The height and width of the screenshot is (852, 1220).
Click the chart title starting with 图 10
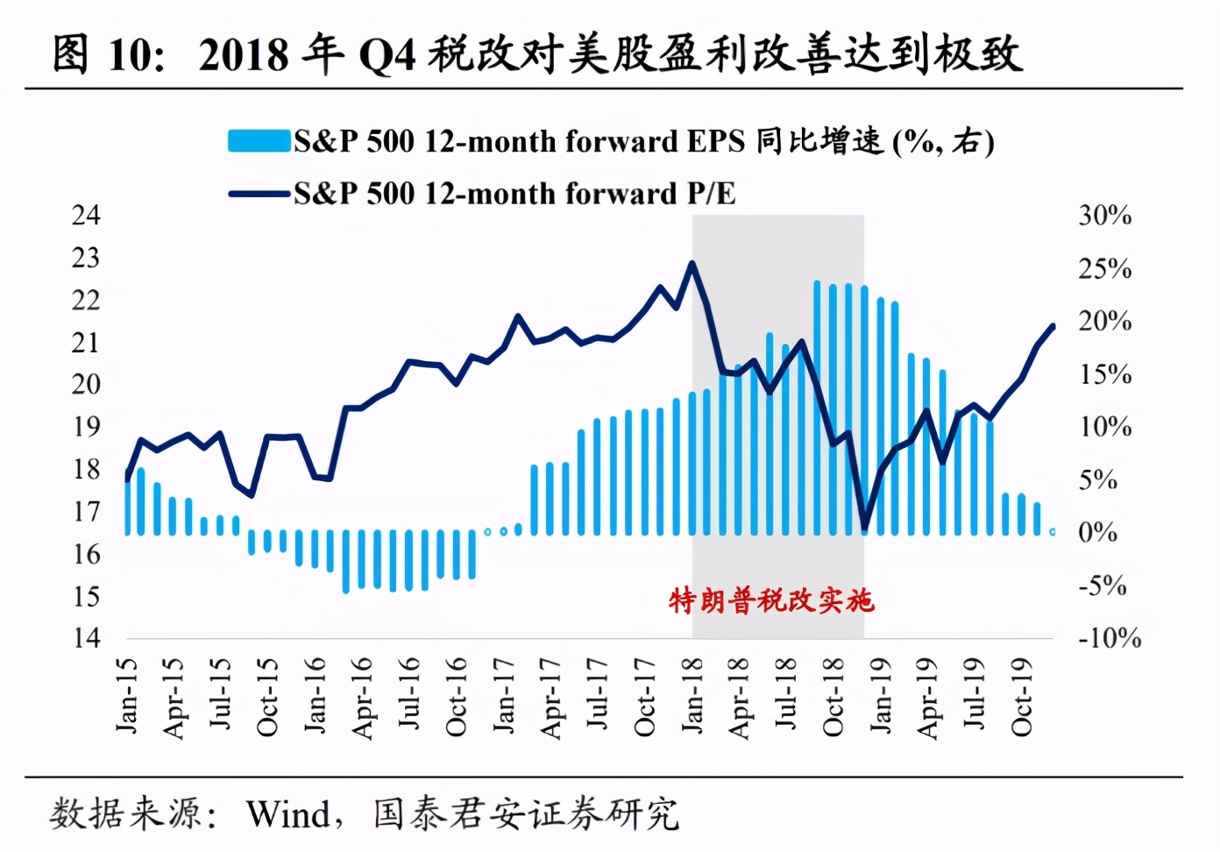pyautogui.click(x=536, y=54)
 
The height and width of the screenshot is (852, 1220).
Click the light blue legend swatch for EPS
pyautogui.click(x=259, y=141)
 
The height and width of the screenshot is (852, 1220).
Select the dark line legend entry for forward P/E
pyautogui.click(x=482, y=194)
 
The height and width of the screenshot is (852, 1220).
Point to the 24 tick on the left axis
pyautogui.click(x=86, y=216)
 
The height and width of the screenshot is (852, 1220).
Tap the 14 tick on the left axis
pyautogui.click(x=86, y=638)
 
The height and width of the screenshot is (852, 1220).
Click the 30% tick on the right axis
pyautogui.click(x=1104, y=216)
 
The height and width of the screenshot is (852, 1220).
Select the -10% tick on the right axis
pyautogui.click(x=1109, y=638)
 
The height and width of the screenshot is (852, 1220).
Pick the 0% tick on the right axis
pyautogui.click(x=1097, y=532)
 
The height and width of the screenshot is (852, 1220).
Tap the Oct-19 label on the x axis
pyautogui.click(x=1022, y=697)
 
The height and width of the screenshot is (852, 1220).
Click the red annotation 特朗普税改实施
pyautogui.click(x=771, y=600)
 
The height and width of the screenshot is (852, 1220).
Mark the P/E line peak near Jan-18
pyautogui.click(x=692, y=263)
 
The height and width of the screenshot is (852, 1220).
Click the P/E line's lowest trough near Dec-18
pyautogui.click(x=865, y=529)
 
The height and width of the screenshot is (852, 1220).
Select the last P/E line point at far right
pyautogui.click(x=1053, y=326)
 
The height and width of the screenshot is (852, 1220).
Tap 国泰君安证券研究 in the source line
pyautogui.click(x=525, y=814)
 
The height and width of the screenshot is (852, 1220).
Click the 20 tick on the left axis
pyautogui.click(x=86, y=384)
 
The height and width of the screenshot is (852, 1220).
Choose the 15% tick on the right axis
pyautogui.click(x=1104, y=374)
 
